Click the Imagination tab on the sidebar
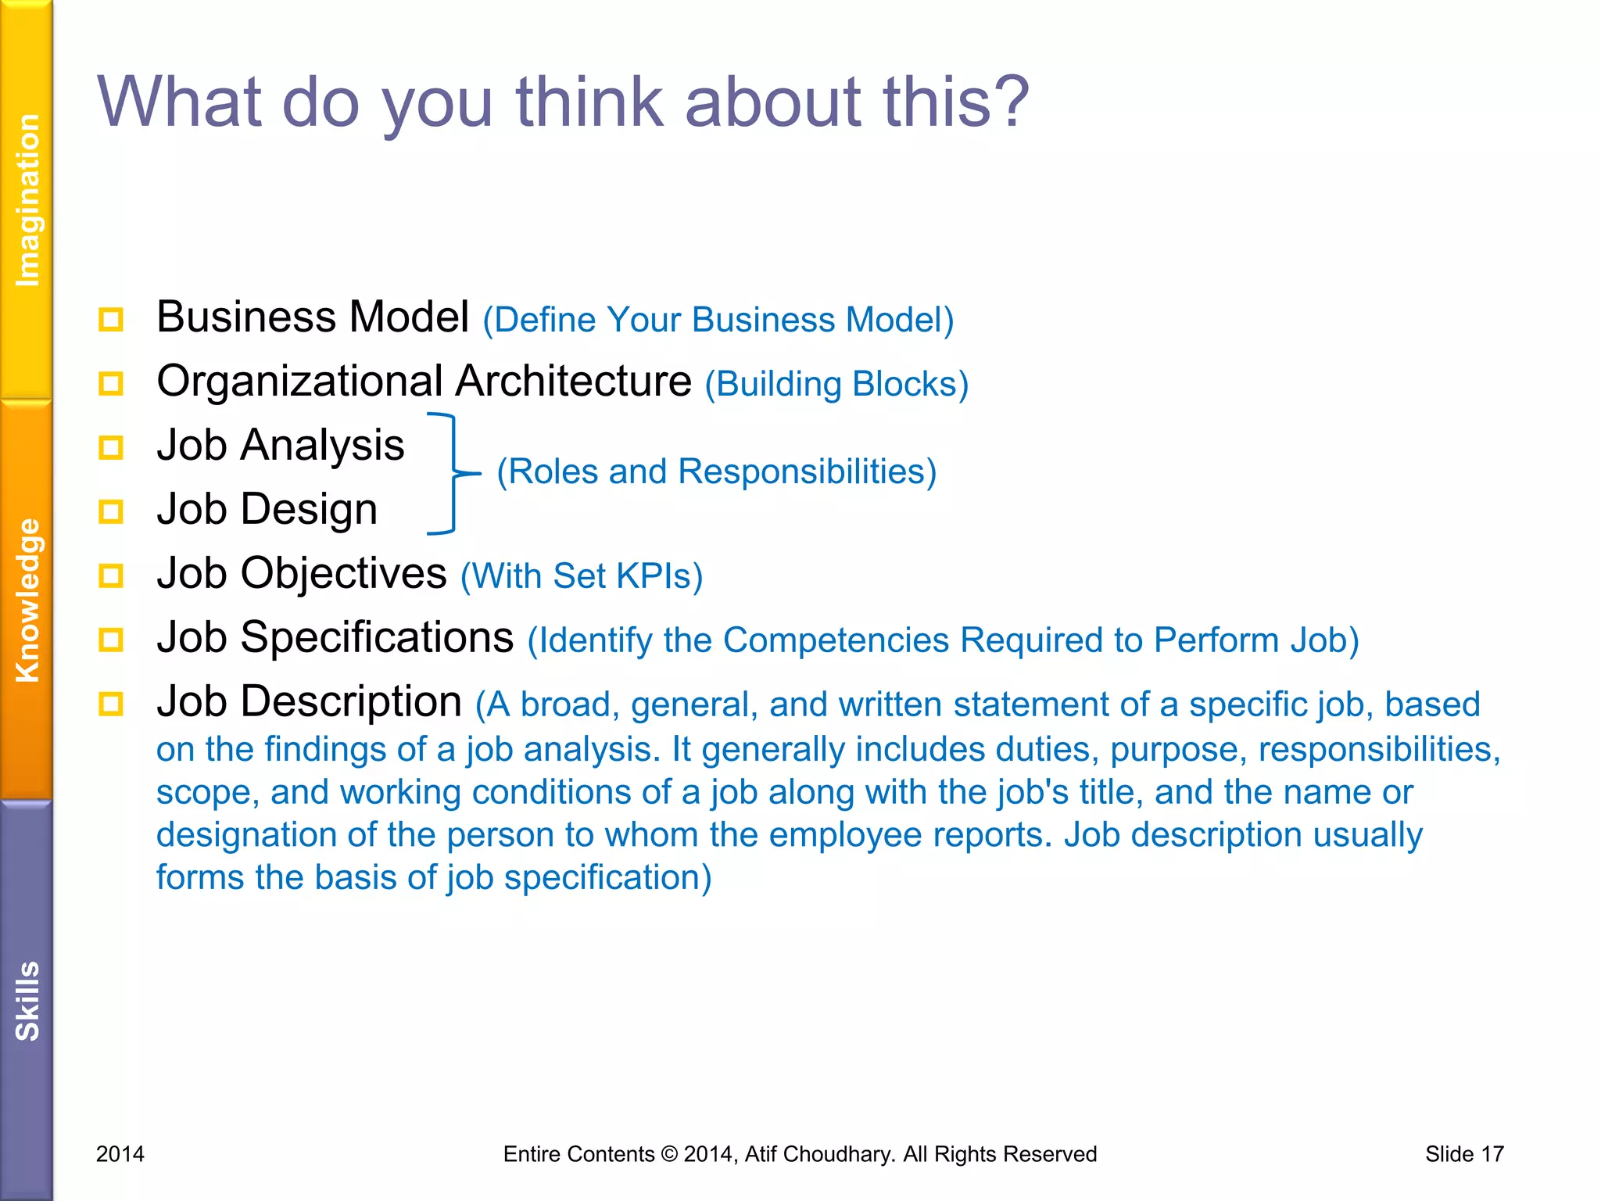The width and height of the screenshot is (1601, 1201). coord(27,200)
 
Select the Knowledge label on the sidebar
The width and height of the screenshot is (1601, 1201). coord(27,600)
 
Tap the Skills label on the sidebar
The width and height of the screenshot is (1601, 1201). coord(27,1001)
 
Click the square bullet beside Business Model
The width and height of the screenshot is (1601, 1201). coord(111,320)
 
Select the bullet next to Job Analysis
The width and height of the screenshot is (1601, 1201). coord(111,448)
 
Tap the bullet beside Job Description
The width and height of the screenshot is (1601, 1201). coord(111,704)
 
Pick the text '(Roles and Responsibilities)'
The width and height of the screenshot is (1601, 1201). coord(716,472)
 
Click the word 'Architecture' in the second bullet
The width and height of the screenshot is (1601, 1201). coord(573,382)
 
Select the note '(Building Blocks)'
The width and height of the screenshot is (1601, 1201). coord(836,385)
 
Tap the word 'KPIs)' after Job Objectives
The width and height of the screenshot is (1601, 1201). coord(659,577)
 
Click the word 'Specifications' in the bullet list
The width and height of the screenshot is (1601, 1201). coord(378,638)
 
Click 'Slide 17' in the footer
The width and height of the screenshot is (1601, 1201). coord(1464,1154)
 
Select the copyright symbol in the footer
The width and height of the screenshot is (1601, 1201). coord(669,1154)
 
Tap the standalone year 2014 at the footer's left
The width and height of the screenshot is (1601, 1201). coord(120,1154)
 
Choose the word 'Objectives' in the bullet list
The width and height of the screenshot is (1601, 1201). coord(344,574)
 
